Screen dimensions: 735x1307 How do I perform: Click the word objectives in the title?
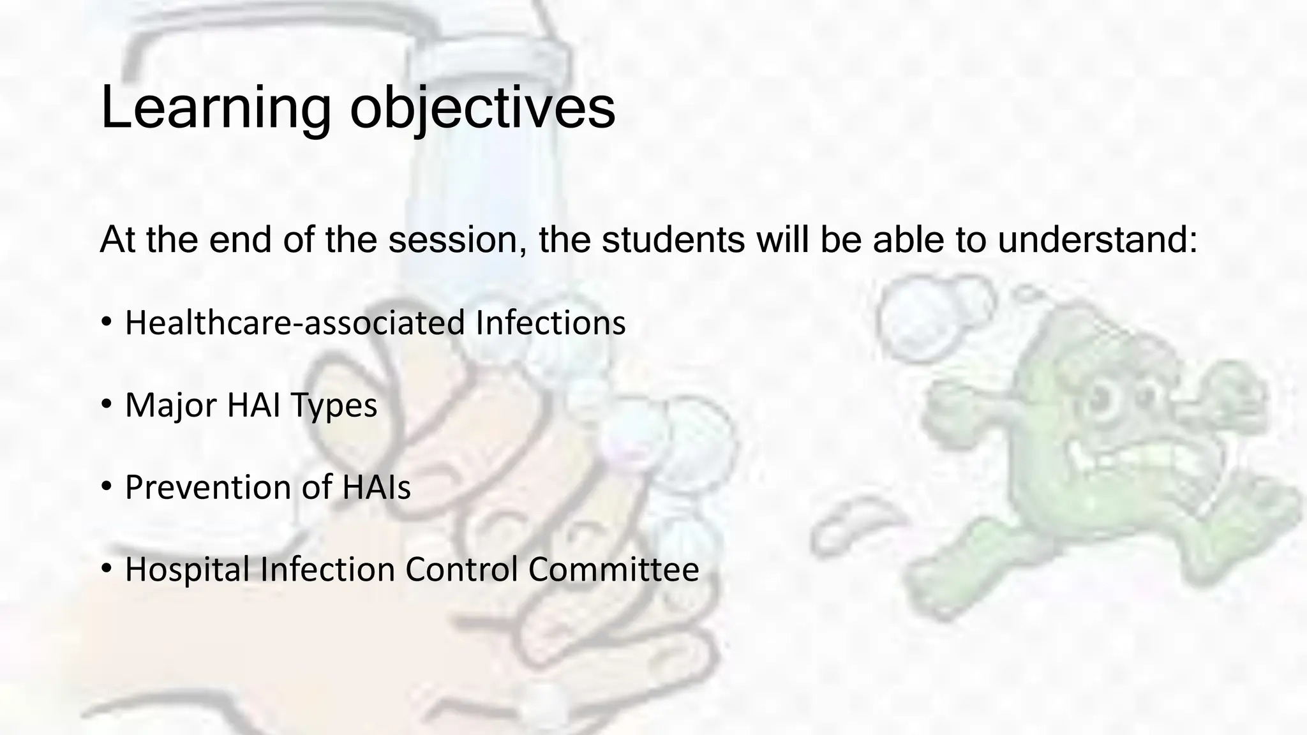pyautogui.click(x=482, y=108)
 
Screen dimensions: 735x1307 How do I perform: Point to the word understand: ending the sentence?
pyautogui.click(x=1097, y=240)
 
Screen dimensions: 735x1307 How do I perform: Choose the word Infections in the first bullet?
pyautogui.click(x=551, y=322)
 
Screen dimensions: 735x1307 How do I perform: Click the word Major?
pyautogui.click(x=170, y=405)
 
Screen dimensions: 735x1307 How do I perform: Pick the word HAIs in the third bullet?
pyautogui.click(x=377, y=487)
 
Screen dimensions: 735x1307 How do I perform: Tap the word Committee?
pyautogui.click(x=613, y=569)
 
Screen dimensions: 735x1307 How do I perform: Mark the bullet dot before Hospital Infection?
pyautogui.click(x=107, y=568)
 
